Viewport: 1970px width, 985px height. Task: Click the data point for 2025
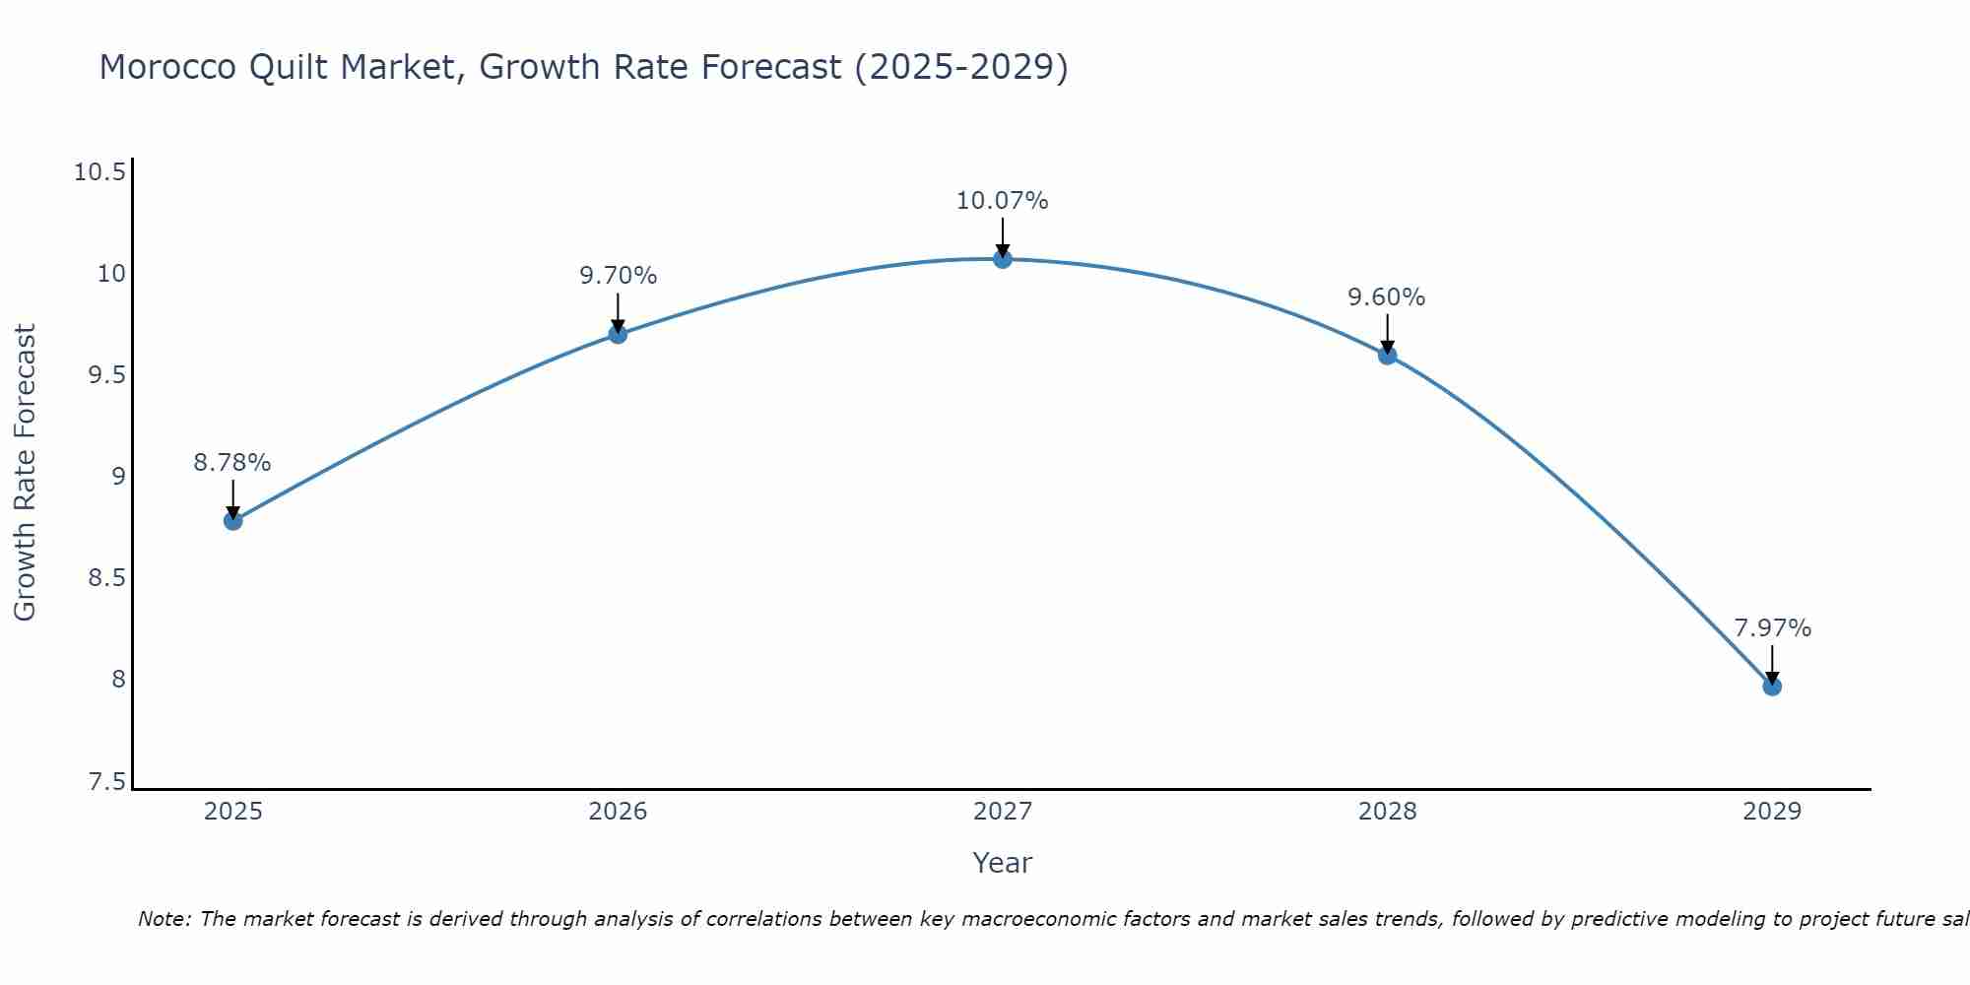[x=233, y=520]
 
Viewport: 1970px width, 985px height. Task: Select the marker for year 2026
[x=618, y=334]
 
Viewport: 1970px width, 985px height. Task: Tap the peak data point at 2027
[x=1003, y=259]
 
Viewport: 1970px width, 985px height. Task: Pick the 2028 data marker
[x=1387, y=355]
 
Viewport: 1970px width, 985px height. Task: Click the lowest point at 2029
[x=1772, y=686]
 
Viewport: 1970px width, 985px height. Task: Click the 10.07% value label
[x=1003, y=201]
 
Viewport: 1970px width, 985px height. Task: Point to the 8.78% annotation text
[x=232, y=463]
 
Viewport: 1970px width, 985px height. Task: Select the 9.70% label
[x=618, y=276]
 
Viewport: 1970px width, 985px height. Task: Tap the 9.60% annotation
[x=1387, y=297]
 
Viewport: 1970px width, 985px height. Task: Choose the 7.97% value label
[x=1772, y=628]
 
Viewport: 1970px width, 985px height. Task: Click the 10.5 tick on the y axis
[x=100, y=173]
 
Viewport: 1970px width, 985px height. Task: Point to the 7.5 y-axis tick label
[x=107, y=782]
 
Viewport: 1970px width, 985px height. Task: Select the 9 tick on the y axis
[x=119, y=477]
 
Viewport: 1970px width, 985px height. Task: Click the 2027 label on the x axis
[x=1003, y=812]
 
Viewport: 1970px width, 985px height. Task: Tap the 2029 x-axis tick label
[x=1772, y=812]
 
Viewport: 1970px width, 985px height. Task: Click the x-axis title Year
[x=1003, y=863]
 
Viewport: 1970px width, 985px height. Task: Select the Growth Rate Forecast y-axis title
[x=26, y=473]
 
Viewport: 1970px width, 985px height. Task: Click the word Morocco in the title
[x=167, y=67]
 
